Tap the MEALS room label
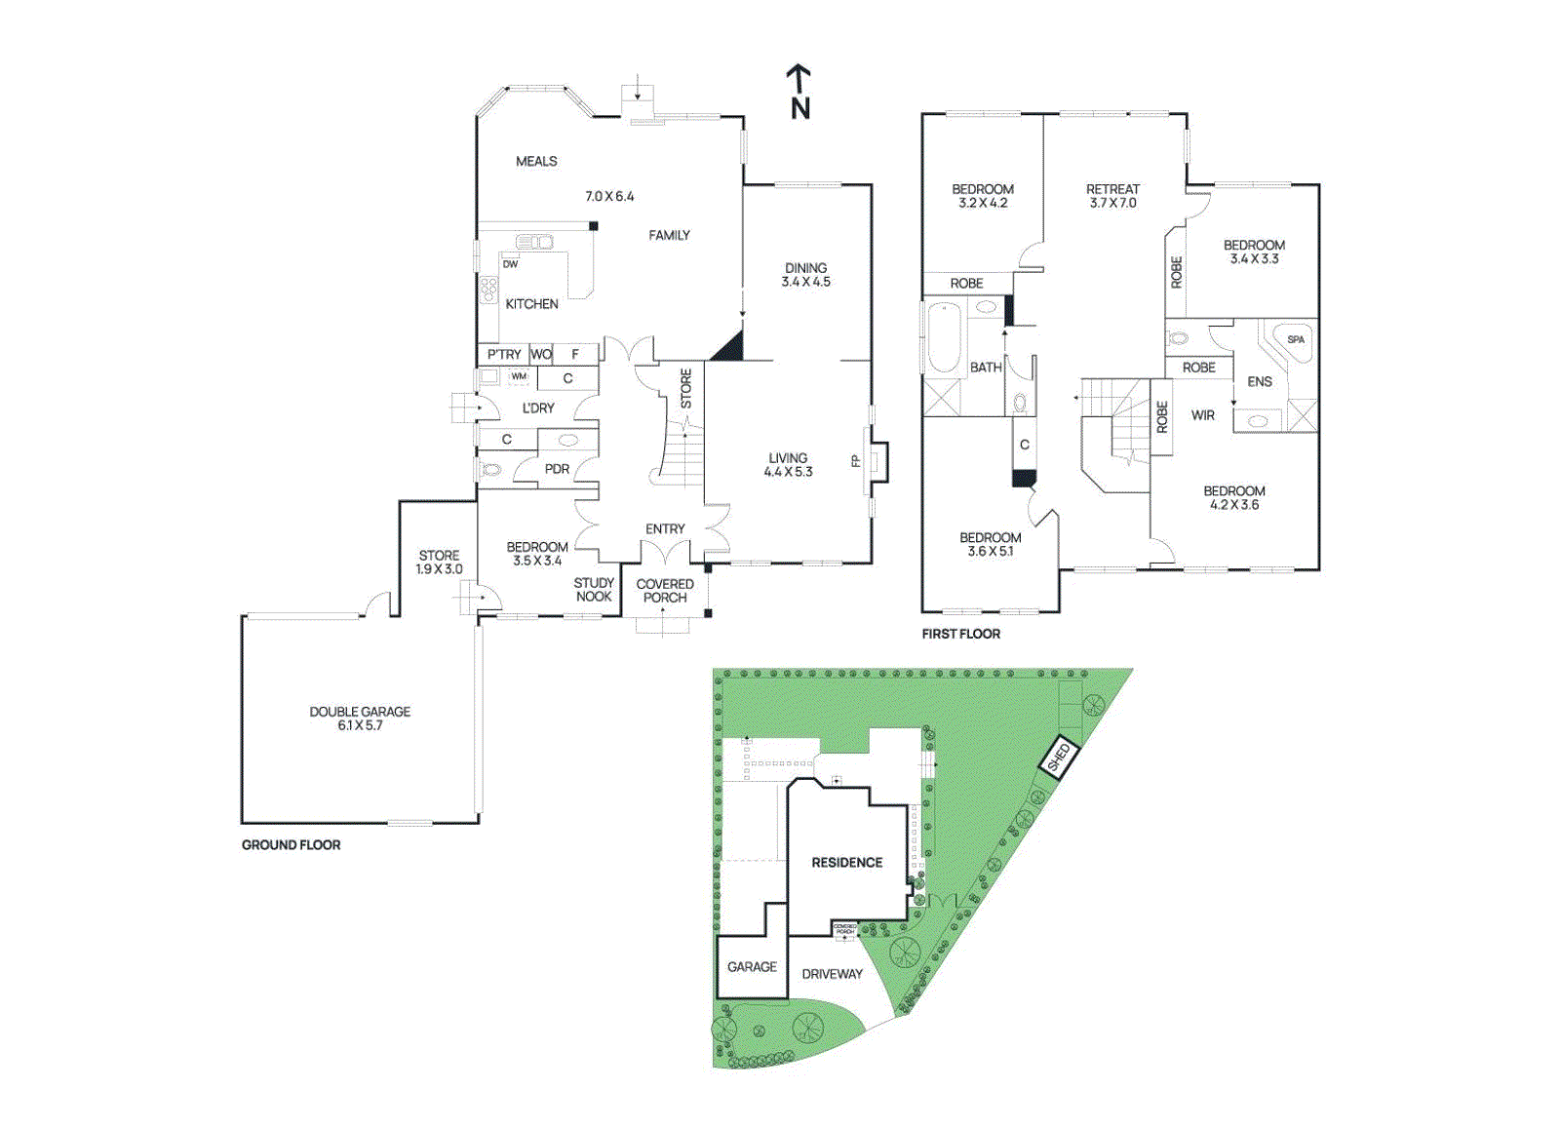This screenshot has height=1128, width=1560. [536, 162]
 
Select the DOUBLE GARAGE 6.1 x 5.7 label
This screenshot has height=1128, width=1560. [360, 719]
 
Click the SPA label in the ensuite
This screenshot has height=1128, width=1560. [1295, 340]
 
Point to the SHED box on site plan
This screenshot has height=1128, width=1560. [1058, 758]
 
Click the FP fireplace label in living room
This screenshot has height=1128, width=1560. [856, 460]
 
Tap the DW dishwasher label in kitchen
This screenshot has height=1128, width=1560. [510, 264]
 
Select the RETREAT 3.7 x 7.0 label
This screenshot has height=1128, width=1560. [1112, 196]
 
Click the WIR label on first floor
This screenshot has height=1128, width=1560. [1202, 415]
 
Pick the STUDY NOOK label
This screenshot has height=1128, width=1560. [593, 590]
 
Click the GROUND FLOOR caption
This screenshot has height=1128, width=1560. [291, 845]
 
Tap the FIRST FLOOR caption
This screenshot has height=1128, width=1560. [960, 634]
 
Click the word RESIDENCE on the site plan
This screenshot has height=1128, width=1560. [846, 863]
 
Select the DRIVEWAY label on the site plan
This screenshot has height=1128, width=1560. [832, 974]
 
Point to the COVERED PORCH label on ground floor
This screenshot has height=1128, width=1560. [664, 591]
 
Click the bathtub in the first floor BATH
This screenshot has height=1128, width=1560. [943, 339]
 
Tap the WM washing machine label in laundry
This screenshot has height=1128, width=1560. [519, 376]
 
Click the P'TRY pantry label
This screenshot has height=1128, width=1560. [504, 354]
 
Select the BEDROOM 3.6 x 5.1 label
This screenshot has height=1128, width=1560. [990, 544]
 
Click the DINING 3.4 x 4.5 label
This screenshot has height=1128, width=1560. [805, 275]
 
